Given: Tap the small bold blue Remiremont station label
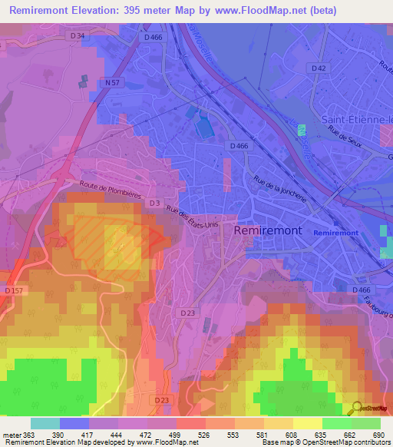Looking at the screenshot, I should pos(336,231).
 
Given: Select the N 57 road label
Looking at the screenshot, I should pos(112,81).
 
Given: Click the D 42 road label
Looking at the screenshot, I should pos(319,68).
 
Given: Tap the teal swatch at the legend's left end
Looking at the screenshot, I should pos(45,423).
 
